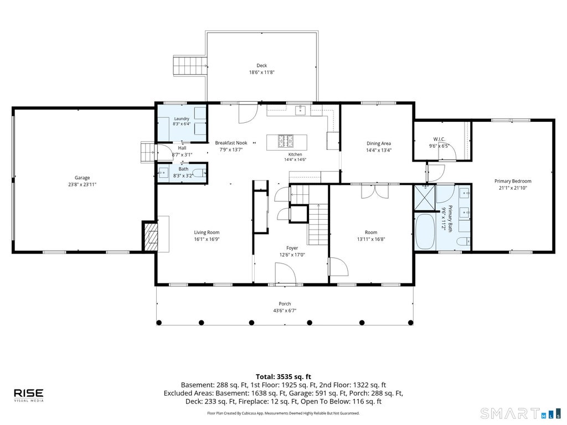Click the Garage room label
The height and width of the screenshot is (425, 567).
82,178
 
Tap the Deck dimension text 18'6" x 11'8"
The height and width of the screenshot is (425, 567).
262,72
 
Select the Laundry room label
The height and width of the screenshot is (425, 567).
182,118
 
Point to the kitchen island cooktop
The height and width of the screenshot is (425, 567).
286,141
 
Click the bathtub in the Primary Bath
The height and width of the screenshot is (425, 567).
425,232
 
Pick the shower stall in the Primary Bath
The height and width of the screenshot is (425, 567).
425,198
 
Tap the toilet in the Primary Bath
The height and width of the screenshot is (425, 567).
463,241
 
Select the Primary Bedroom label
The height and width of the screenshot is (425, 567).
513,181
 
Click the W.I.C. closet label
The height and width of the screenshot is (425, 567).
439,139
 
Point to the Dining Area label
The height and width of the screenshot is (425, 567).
379,143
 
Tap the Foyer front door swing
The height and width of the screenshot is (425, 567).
286,273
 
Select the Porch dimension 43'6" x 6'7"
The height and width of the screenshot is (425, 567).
285,310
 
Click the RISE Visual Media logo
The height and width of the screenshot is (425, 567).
29,395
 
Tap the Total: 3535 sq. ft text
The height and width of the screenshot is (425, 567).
283,376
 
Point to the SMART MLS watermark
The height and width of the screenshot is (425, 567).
520,413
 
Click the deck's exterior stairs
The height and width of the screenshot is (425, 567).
189,66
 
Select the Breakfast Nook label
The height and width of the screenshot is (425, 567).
231,143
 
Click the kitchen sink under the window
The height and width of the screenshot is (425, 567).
301,110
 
